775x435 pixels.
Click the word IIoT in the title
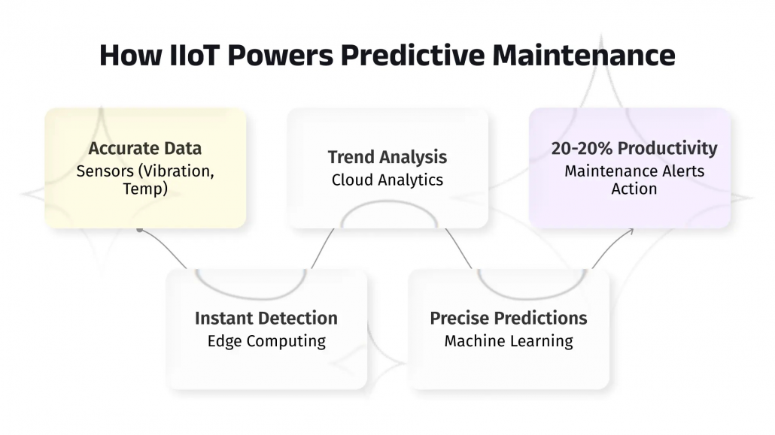pyautogui.click(x=178, y=56)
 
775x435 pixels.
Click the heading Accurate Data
pyautogui.click(x=145, y=148)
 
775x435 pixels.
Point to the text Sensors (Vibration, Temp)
pyautogui.click(x=145, y=180)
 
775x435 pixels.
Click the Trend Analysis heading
pyautogui.click(x=387, y=157)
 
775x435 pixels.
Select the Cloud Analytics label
pyautogui.click(x=387, y=180)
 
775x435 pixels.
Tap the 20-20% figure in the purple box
pyautogui.click(x=582, y=148)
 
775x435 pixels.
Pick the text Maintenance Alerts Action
pyautogui.click(x=634, y=180)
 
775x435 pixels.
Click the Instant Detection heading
pyautogui.click(x=266, y=318)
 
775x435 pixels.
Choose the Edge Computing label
pyautogui.click(x=266, y=341)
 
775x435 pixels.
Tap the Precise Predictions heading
pyautogui.click(x=509, y=318)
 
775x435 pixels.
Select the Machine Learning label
pyautogui.click(x=509, y=341)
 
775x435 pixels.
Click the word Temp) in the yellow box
pyautogui.click(x=145, y=189)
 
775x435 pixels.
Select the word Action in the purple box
pyautogui.click(x=634, y=189)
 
